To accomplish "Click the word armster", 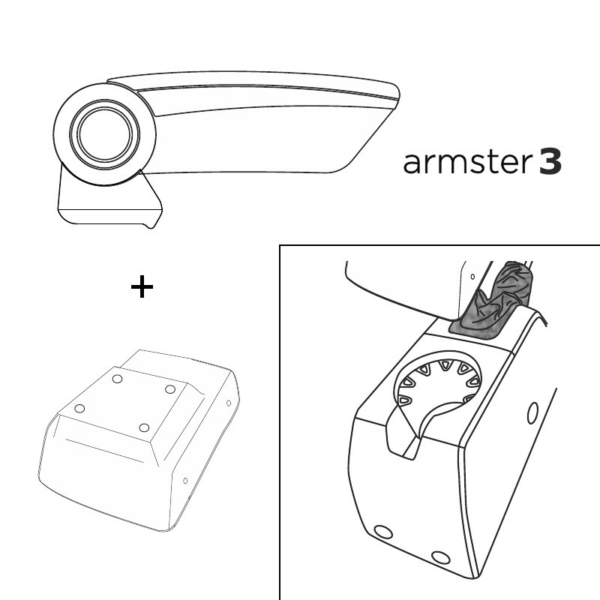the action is coord(467,162).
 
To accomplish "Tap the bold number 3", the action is coord(550,162).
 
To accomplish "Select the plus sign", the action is coord(142,286).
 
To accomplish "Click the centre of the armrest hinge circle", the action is coord(105,134).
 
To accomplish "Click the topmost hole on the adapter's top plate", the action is coord(117,379).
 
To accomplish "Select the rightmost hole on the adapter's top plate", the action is coord(170,389).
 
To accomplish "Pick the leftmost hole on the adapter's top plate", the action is coord(79,408).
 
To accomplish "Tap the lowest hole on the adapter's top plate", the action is coord(144,427).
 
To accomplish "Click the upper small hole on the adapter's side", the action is coord(229,403).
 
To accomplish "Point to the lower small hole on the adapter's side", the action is coord(185,481).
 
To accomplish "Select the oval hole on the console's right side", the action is coord(532,413).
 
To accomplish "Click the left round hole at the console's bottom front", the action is coord(382,532).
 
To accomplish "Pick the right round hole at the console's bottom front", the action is coord(440,557).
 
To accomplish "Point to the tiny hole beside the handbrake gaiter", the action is coord(472,276).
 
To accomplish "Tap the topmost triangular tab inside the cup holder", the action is coord(444,364).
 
